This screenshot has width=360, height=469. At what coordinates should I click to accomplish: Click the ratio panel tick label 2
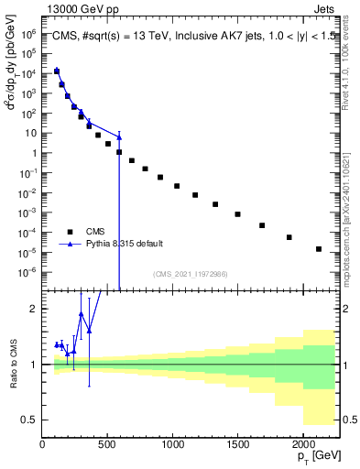coord(34,309)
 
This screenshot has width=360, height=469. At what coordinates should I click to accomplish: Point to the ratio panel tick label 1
coord(34,365)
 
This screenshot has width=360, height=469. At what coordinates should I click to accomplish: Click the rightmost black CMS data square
coord(319,248)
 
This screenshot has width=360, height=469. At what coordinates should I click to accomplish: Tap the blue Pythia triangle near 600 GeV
coord(119,136)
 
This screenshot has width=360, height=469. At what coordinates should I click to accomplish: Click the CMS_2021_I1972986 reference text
coord(189,273)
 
